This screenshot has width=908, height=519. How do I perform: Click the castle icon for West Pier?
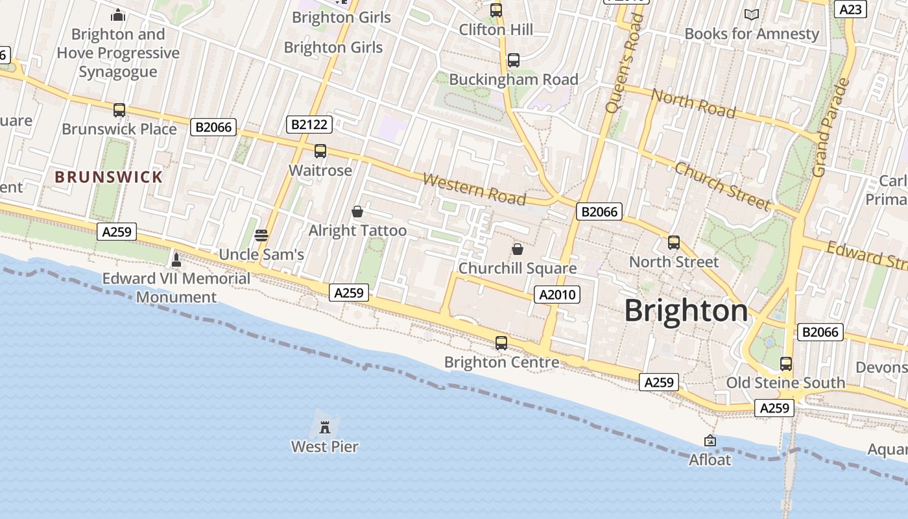(x=325, y=427)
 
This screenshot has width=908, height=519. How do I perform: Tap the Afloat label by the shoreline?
(x=710, y=459)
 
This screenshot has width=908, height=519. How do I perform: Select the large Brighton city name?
(x=686, y=311)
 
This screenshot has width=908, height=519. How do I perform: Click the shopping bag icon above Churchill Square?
(x=518, y=249)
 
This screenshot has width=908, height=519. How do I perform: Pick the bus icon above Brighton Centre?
(x=501, y=343)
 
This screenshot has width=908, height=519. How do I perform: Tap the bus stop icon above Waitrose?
(x=320, y=151)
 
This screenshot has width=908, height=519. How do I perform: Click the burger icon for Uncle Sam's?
(x=261, y=235)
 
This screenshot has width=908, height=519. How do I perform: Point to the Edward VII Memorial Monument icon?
(x=176, y=260)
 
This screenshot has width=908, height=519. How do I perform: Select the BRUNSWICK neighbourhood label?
(x=108, y=177)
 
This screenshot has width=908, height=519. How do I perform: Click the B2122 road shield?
(x=309, y=125)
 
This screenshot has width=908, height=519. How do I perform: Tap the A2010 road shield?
(x=557, y=295)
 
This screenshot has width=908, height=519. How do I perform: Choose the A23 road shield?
(x=850, y=9)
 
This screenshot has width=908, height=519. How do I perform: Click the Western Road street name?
(x=474, y=188)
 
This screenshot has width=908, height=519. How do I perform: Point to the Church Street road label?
(x=723, y=186)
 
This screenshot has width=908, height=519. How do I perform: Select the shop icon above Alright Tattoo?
(x=357, y=211)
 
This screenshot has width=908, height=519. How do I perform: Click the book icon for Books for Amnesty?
(x=752, y=14)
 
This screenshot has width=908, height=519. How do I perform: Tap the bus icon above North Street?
(x=674, y=243)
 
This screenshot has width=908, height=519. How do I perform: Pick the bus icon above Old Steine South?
(x=786, y=363)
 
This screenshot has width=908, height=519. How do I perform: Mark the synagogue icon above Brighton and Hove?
(x=118, y=14)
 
